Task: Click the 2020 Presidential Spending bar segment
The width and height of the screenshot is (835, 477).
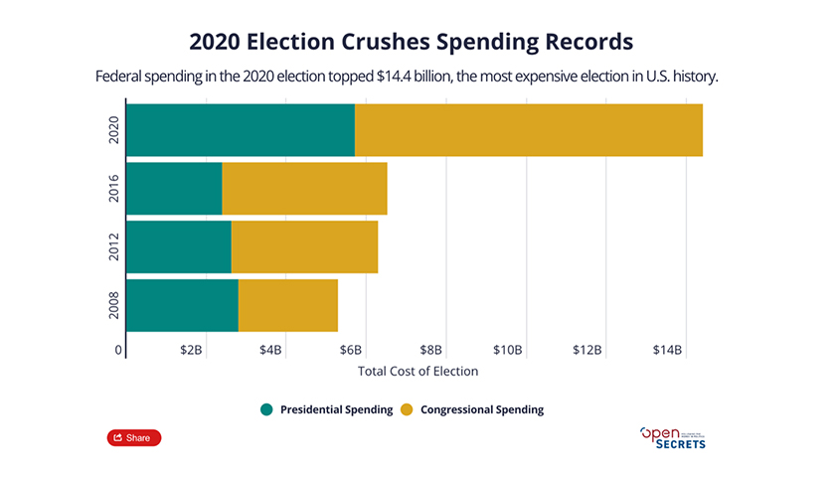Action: [x=241, y=129]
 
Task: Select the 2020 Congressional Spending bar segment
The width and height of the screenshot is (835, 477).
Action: [x=528, y=129]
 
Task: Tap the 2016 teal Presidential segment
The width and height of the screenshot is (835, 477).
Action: [x=174, y=189]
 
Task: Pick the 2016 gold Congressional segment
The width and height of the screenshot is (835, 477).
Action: [x=304, y=189]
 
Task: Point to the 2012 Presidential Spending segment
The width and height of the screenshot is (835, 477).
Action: [x=179, y=247]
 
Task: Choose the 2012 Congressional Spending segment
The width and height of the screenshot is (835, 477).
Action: [x=304, y=247]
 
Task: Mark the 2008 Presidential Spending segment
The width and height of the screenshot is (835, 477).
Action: [x=183, y=306]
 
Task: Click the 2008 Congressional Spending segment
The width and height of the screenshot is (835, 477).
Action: [x=288, y=306]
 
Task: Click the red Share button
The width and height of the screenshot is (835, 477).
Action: [x=133, y=437]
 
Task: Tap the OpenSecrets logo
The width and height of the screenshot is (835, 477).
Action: [x=673, y=437]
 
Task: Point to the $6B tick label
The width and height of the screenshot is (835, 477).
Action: [x=350, y=350]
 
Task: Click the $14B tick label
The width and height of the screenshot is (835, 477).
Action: [x=666, y=350]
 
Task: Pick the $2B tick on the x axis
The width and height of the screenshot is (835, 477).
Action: [x=191, y=350]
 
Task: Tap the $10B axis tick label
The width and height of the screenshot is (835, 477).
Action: [x=508, y=350]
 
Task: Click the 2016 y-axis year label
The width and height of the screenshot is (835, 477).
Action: [x=115, y=189]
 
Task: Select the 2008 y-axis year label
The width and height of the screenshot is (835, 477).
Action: [x=115, y=306]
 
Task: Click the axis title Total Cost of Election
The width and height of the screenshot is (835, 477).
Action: [x=417, y=372]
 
